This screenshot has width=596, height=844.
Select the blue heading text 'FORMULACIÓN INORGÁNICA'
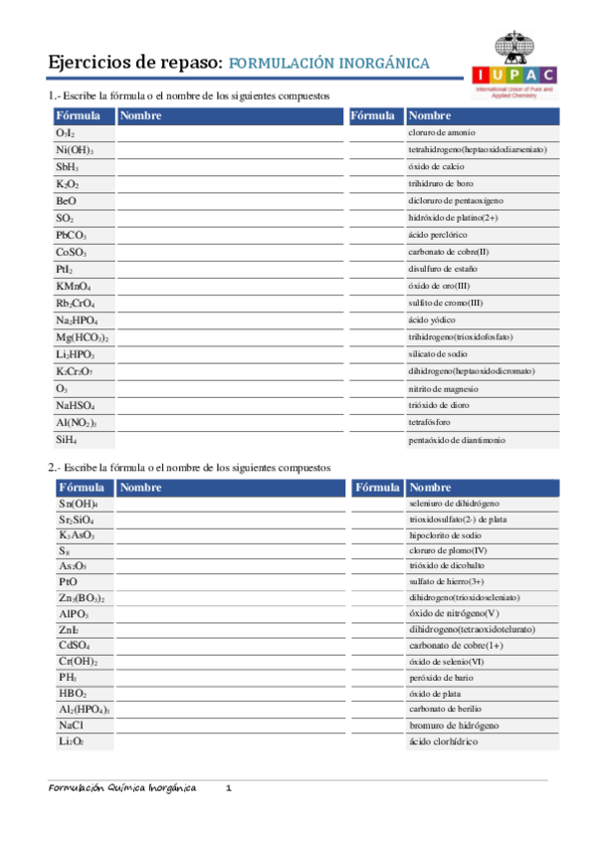[x=329, y=64]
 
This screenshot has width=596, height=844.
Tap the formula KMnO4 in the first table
[x=73, y=287]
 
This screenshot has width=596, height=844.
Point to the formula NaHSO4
[x=75, y=406]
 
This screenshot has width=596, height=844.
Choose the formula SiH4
[x=66, y=439]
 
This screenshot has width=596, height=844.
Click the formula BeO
[x=66, y=201]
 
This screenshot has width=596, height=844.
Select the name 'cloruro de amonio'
[x=442, y=132]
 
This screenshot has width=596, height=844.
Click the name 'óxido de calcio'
[x=436, y=166]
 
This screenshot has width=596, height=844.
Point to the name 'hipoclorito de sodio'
[x=445, y=534]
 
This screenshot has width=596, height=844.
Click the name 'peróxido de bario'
[x=440, y=677]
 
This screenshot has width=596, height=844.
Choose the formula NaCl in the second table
[x=71, y=727]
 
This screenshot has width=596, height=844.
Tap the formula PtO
[x=68, y=581]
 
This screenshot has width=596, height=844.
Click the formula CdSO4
[x=75, y=645]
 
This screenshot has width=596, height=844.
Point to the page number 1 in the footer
[x=228, y=788]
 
